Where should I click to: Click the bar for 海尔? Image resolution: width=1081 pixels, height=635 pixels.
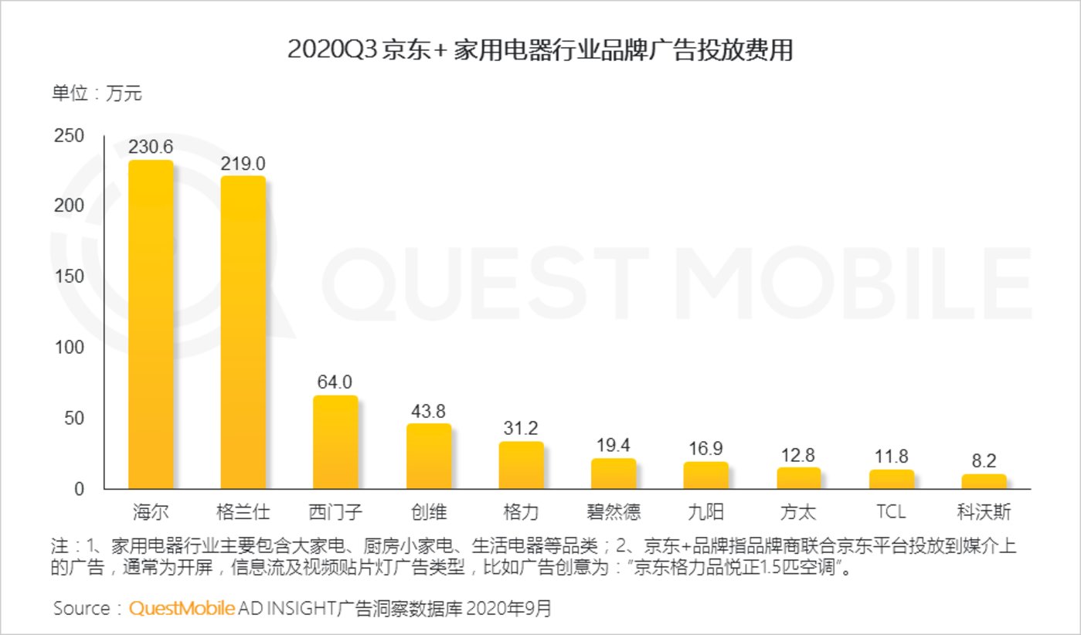pos(151,324)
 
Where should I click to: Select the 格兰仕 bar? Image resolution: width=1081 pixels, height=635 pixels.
pos(243,332)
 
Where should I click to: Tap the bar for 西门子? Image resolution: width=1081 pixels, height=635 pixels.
pos(335,442)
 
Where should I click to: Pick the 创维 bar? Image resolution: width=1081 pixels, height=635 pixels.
pos(429,456)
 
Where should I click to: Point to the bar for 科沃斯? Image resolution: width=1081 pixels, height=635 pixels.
pos(984,481)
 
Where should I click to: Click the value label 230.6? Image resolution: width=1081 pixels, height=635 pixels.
pos(151,147)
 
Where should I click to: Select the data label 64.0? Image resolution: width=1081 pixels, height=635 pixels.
pos(335,382)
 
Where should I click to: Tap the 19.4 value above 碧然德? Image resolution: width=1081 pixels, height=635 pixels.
pos(614,445)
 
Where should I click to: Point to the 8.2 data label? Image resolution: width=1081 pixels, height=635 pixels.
pos(984,461)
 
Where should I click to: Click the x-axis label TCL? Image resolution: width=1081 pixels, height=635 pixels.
pos(891,511)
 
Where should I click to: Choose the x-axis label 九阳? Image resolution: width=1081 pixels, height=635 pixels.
pos(706,511)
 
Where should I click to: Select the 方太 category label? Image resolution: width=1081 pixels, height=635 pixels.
pos(799,511)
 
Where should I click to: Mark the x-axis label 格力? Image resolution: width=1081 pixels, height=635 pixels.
pos(521,511)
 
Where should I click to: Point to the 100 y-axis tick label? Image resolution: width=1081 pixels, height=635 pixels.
pos(69,348)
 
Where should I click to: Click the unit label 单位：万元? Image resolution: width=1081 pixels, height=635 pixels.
pos(97,94)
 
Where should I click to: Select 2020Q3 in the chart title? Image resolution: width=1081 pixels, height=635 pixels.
pos(331,50)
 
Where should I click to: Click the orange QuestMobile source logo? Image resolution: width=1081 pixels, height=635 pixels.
pos(182,608)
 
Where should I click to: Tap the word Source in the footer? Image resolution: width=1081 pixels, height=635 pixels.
pos(82,608)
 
